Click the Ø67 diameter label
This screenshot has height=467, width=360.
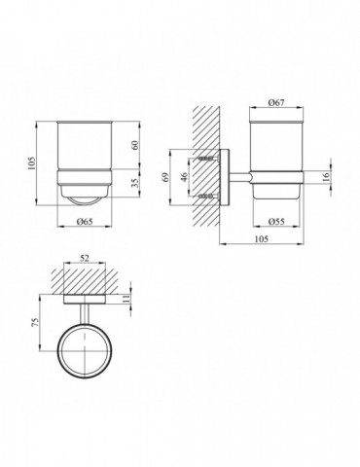(x=276, y=102)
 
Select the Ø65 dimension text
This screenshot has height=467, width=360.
(x=85, y=222)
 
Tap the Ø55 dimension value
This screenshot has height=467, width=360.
(x=276, y=222)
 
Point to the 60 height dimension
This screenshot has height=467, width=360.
(x=135, y=145)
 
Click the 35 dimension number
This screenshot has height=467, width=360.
(x=135, y=183)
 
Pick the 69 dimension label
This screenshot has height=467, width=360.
(x=165, y=177)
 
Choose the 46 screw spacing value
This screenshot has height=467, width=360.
(x=184, y=177)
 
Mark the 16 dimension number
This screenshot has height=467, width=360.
(x=326, y=176)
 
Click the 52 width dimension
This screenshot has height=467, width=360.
(x=85, y=258)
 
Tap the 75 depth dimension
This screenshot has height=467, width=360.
(x=36, y=322)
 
